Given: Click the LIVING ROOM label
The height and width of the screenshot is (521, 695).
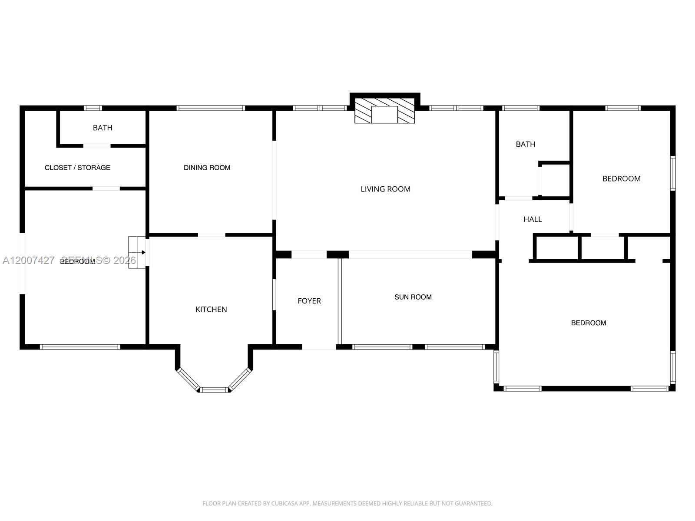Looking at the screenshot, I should [x=385, y=189].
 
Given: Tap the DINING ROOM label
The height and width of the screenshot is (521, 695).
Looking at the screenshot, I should [x=207, y=168].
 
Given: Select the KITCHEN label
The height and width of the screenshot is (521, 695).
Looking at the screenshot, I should [x=211, y=309].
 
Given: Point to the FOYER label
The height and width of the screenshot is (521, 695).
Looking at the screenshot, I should [x=309, y=301].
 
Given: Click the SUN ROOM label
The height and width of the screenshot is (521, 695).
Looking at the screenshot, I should [x=413, y=297].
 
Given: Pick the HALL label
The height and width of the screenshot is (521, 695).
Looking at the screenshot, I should [x=533, y=219].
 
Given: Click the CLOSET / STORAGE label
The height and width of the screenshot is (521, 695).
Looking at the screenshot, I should [x=77, y=168].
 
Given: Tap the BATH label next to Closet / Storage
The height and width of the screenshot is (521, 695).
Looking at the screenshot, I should [x=103, y=128].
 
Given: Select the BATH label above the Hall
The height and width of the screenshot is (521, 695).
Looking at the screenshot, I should [x=525, y=144].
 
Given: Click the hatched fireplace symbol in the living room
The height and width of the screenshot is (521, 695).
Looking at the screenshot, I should [x=384, y=110].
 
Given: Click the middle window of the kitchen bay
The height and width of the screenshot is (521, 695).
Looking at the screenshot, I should [x=214, y=389].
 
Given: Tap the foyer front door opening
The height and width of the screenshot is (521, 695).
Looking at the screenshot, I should [x=319, y=347].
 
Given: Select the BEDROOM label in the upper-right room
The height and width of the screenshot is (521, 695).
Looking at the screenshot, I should [x=621, y=178].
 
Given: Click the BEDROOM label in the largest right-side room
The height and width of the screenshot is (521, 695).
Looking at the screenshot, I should [x=588, y=323].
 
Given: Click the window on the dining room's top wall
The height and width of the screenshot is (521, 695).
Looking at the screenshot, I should [x=211, y=108].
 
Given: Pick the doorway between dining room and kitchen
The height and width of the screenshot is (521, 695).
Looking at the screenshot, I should [x=212, y=235].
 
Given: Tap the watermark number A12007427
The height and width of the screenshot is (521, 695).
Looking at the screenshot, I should [x=29, y=260].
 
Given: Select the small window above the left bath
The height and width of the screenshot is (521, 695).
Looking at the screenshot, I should [x=93, y=108].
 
